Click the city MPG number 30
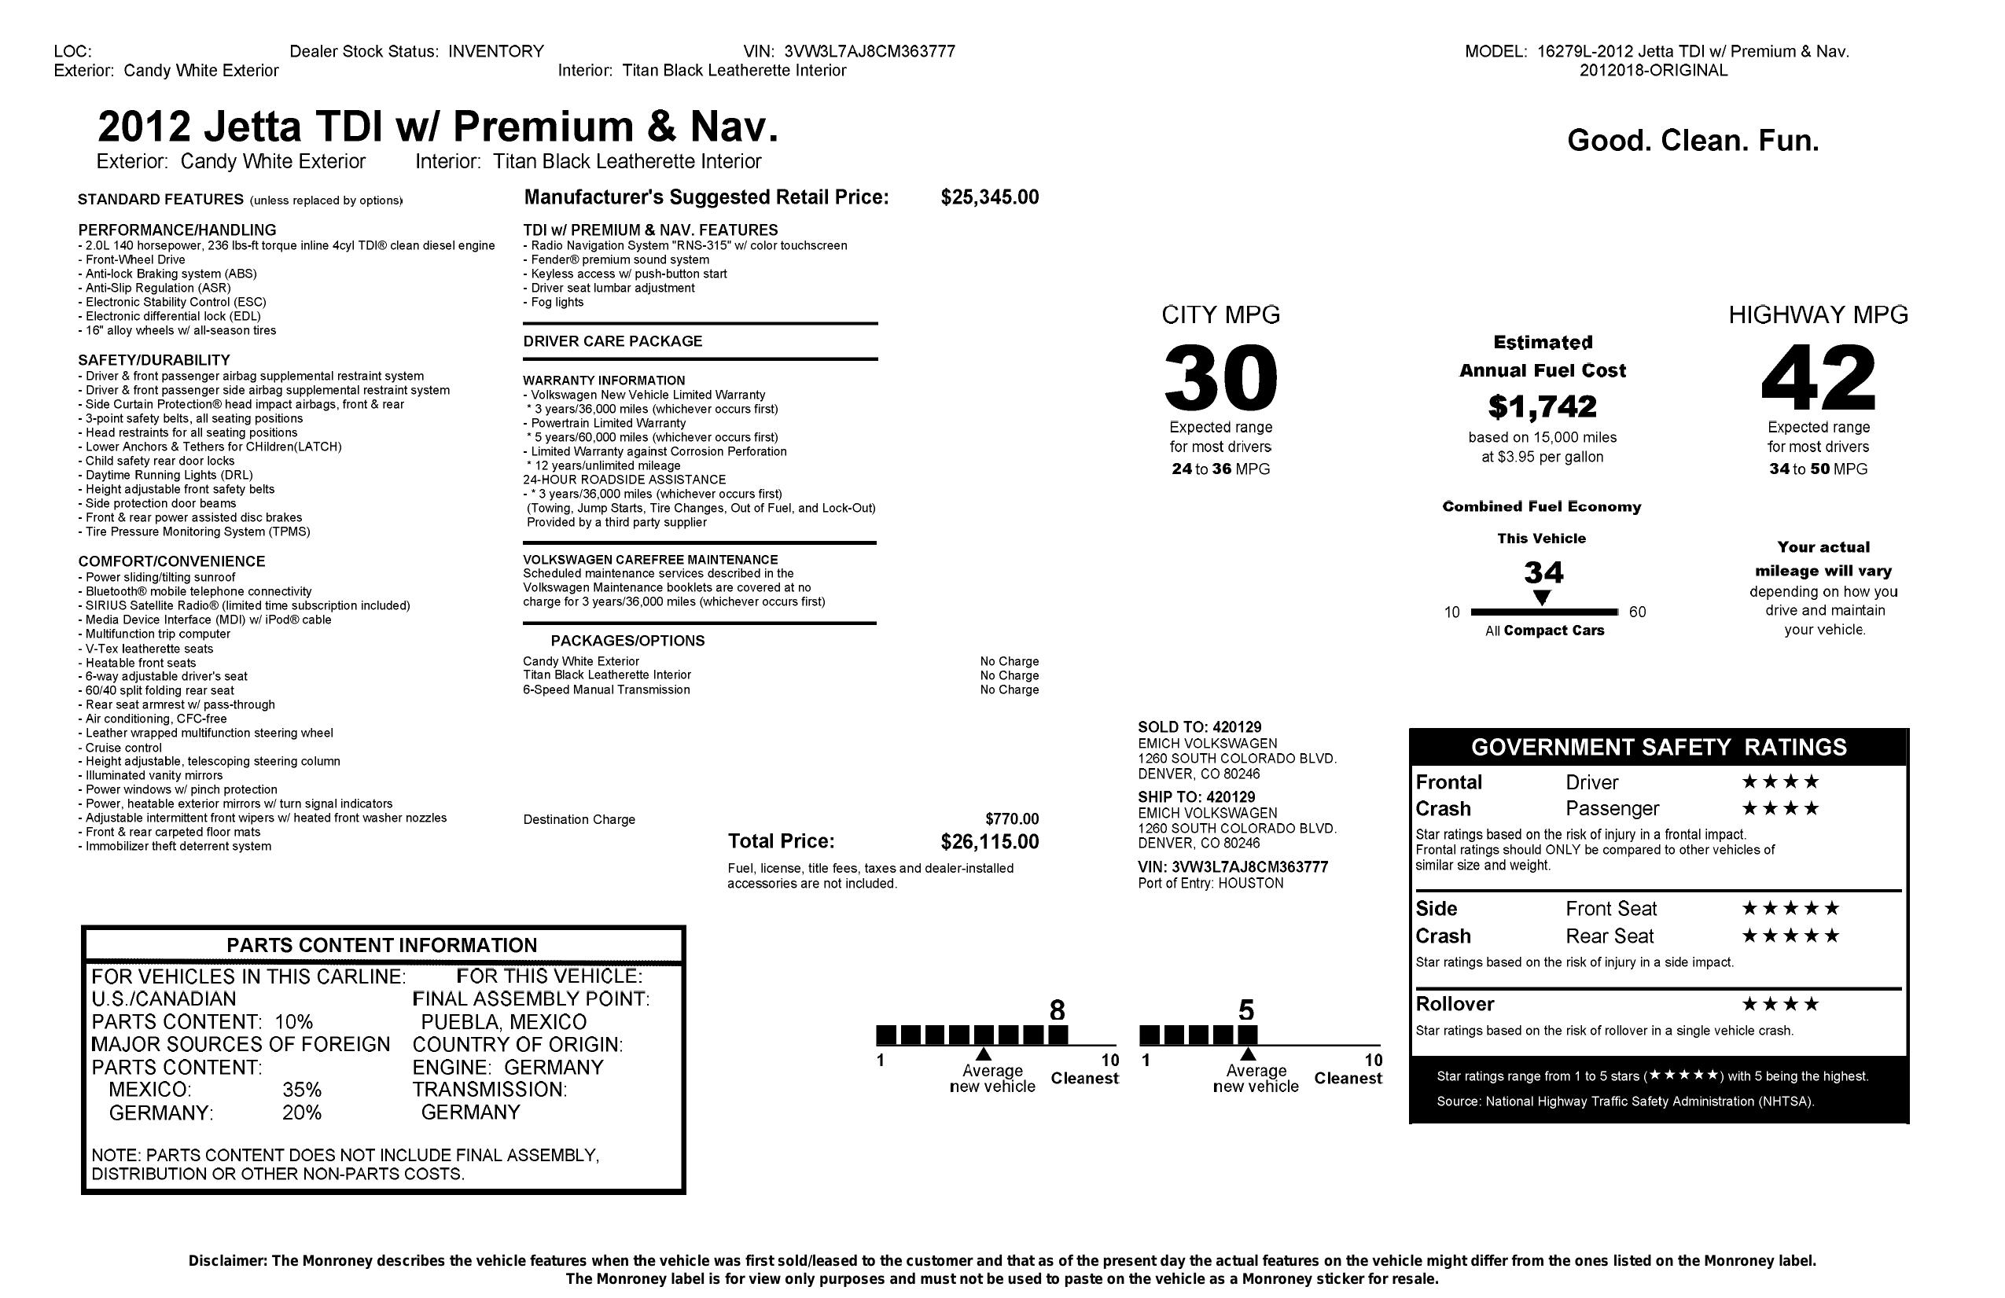coord(1220,378)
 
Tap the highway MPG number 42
coord(1818,378)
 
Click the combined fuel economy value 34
coord(1543,574)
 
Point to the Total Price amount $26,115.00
coord(989,841)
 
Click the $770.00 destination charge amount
coord(1012,818)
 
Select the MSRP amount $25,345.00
coord(989,197)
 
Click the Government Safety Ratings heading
coord(1658,747)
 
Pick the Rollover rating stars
coord(1780,1004)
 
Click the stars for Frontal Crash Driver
coord(1780,781)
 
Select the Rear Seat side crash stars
coord(1790,936)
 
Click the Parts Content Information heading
coord(381,945)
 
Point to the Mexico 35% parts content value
coord(302,1090)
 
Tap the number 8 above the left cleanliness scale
coord(1058,1010)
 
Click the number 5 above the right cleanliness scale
coord(1246,1010)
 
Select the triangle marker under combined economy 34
coord(1541,598)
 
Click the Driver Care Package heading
coord(613,341)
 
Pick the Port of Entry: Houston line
coord(1211,884)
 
